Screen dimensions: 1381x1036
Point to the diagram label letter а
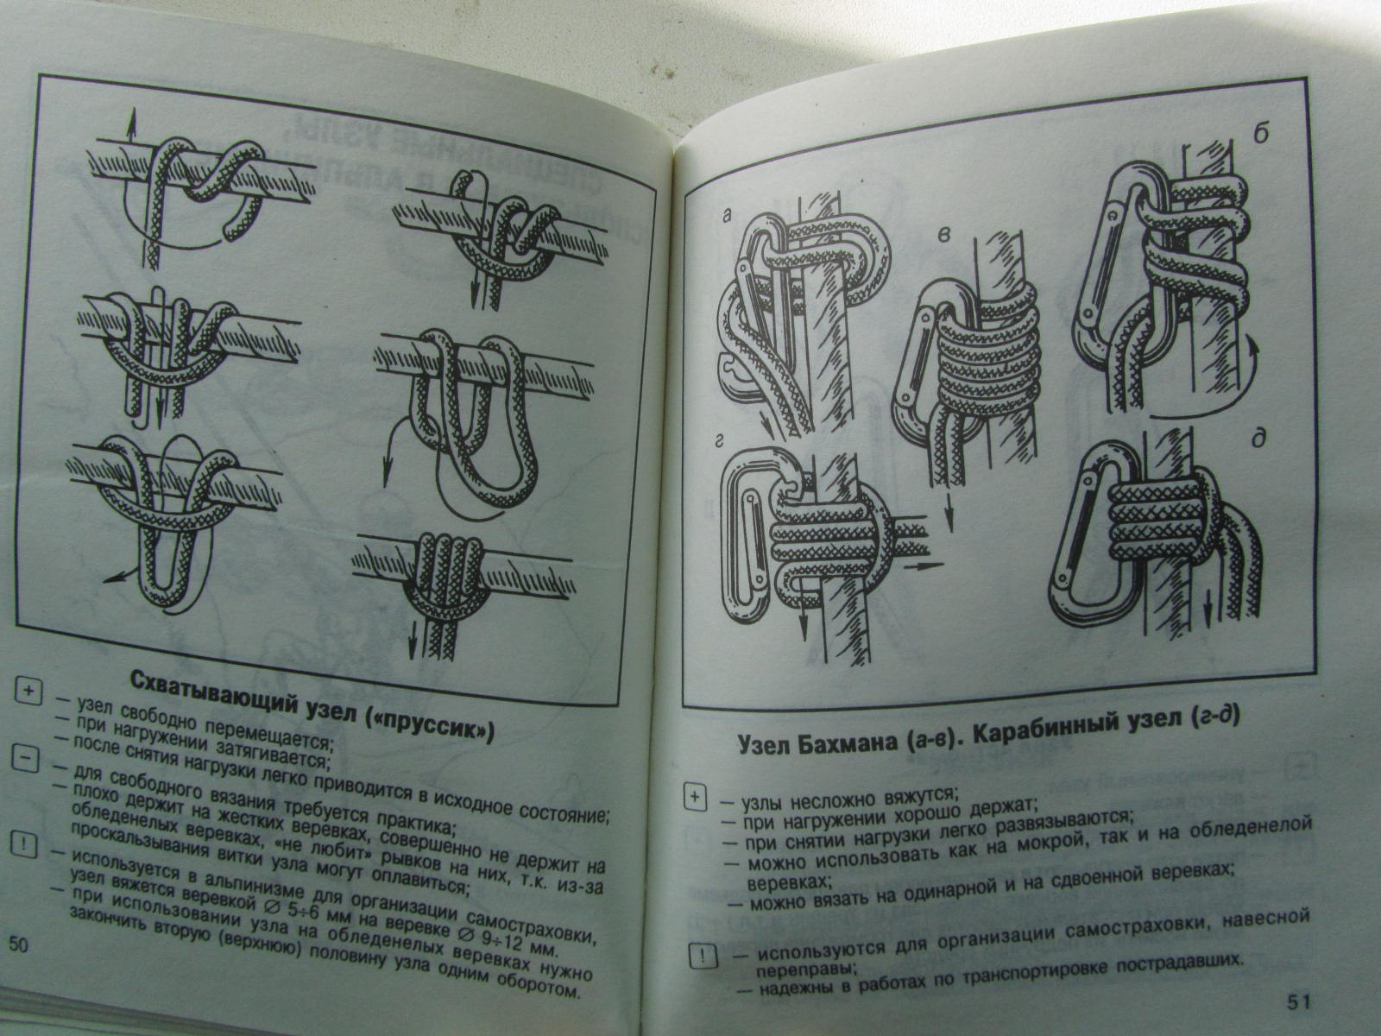point(727,215)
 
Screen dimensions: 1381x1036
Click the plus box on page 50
point(28,692)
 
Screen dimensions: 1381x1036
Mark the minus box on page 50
point(24,759)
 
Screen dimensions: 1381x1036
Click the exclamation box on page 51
point(701,958)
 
